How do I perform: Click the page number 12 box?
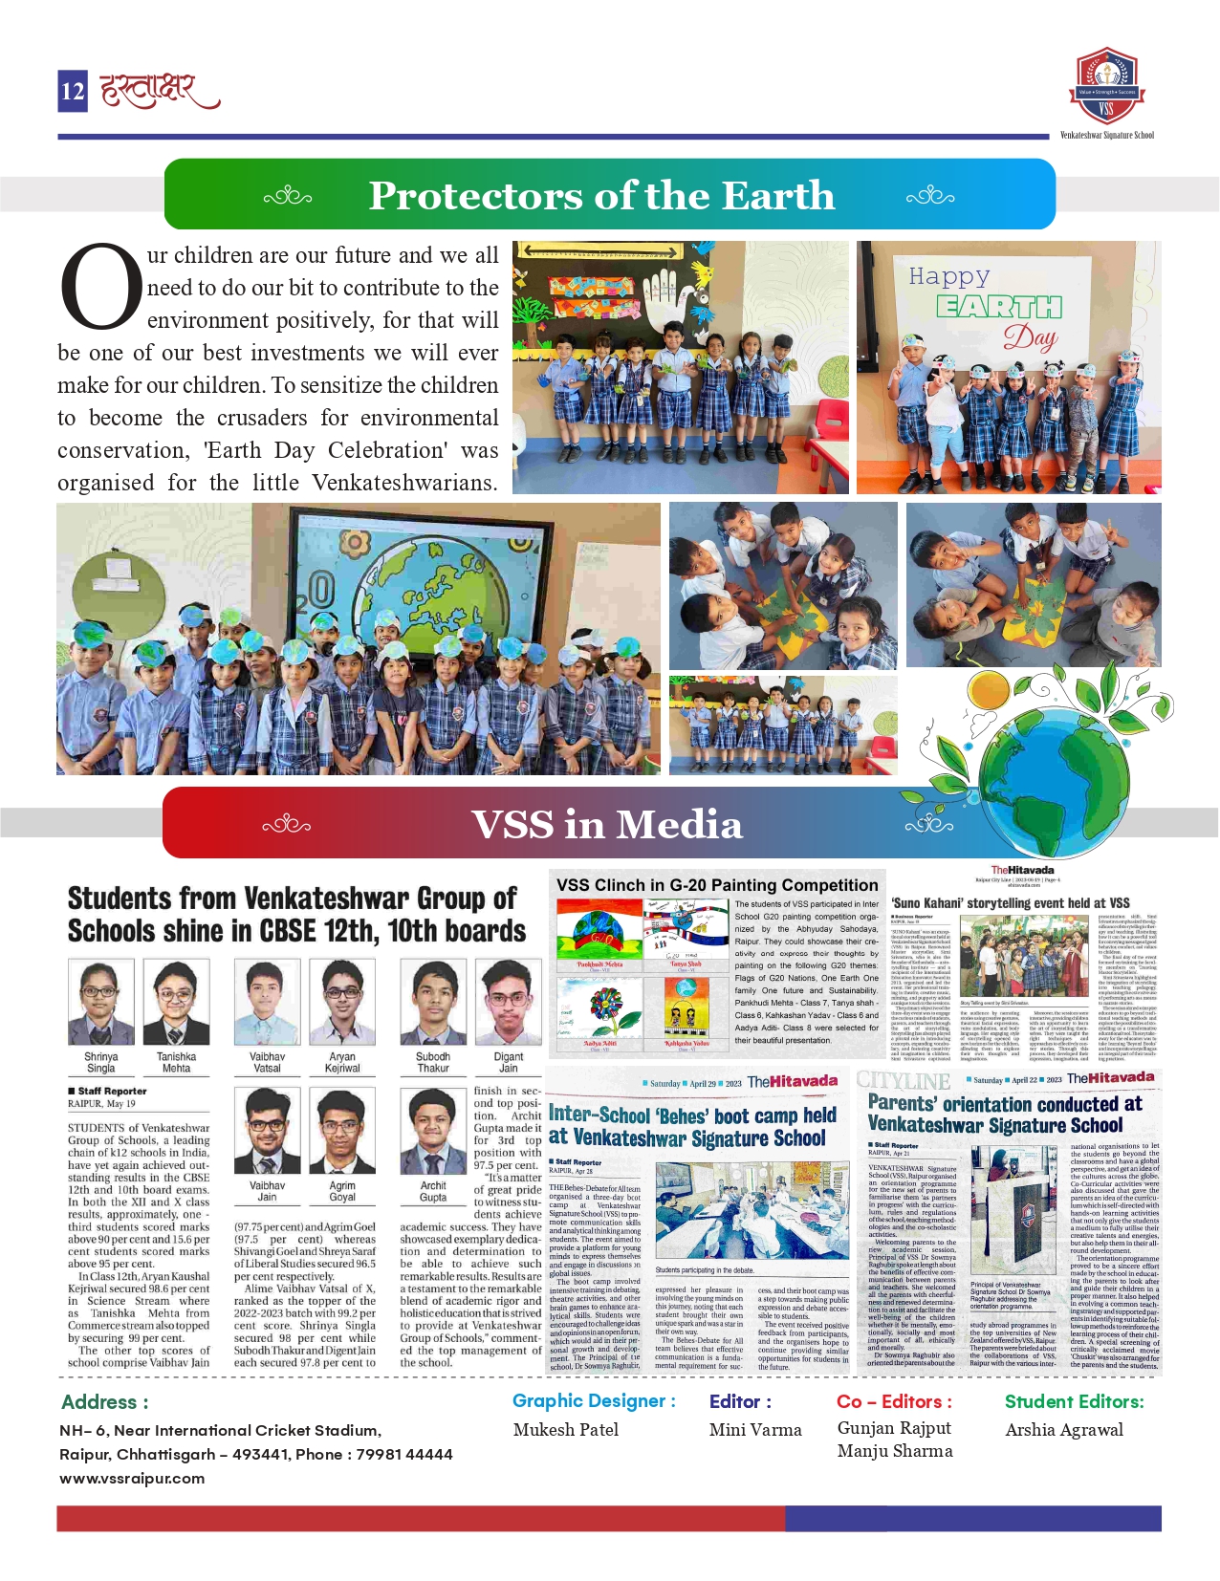73,91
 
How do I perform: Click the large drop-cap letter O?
100,287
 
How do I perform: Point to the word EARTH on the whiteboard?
998,307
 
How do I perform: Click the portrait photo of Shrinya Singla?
101,1003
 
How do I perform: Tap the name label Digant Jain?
508,1063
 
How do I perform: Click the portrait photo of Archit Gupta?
433,1132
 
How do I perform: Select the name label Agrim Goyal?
342,1191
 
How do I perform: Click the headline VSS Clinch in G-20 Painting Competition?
717,885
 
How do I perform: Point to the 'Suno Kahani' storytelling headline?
1010,903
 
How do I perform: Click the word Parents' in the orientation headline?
902,1103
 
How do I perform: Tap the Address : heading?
105,1402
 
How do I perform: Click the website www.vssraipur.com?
132,1478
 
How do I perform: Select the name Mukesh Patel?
566,1430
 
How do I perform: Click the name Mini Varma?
755,1430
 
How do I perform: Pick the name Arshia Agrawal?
1064,1430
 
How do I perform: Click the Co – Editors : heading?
894,1401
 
